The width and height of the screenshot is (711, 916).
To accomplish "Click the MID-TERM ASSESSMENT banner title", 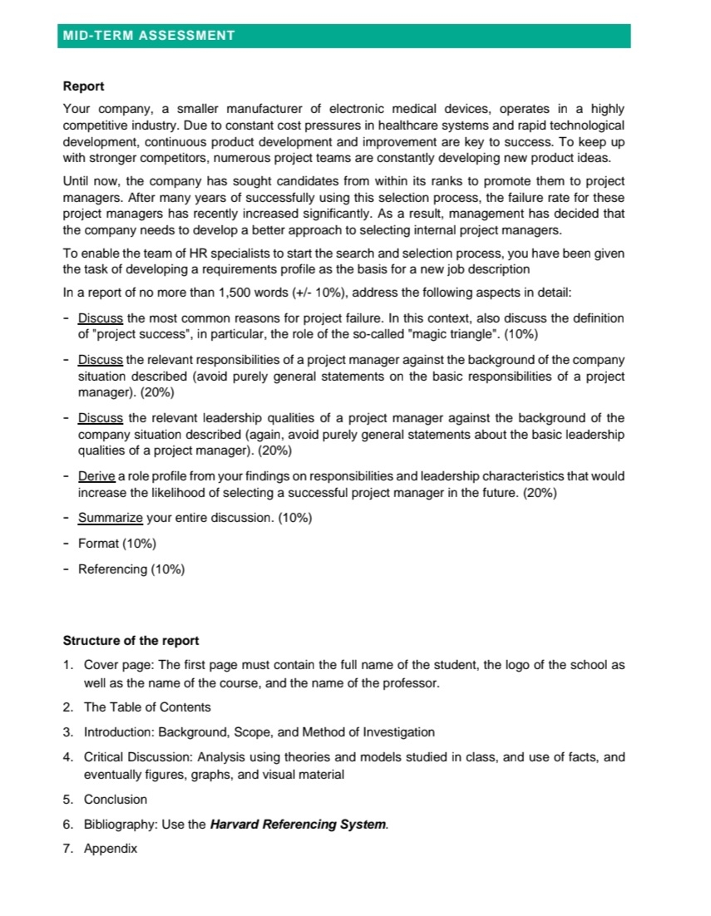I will coord(149,36).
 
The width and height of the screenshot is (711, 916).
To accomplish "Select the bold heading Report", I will coord(84,86).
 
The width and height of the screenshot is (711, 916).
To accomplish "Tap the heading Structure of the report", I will coord(131,641).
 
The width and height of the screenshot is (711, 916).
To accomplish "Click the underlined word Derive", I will coord(96,476).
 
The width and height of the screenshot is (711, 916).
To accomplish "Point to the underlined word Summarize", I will coord(111,518).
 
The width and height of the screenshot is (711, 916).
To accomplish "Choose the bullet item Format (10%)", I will coord(116,544).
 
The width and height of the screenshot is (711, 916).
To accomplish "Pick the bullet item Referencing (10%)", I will coord(131,569).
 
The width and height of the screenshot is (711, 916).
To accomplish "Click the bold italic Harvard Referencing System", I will coord(299,825).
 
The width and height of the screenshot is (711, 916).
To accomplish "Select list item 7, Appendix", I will coord(111,850).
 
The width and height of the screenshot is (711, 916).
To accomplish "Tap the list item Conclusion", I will coord(116,800).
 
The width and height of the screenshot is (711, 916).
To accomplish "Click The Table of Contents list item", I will coord(147,707).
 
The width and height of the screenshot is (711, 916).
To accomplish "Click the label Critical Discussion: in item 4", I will coord(137,757).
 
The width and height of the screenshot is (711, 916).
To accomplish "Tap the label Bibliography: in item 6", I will coord(119,825).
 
